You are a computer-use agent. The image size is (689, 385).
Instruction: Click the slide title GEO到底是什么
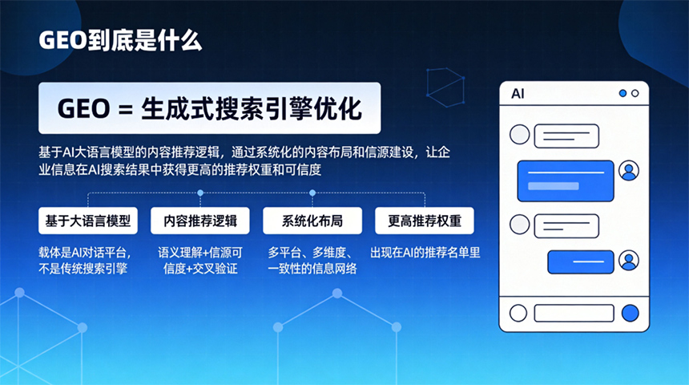click(x=120, y=40)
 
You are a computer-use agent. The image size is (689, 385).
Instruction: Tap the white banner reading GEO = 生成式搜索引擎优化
click(x=210, y=108)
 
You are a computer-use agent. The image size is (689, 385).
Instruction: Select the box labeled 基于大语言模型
click(x=88, y=221)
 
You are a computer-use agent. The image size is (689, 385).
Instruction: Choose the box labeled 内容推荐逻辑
click(x=200, y=221)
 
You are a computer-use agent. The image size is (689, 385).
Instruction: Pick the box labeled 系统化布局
click(x=312, y=221)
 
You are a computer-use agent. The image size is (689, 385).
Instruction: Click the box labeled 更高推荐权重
click(x=425, y=221)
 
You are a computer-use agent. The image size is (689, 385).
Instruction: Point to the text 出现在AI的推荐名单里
click(x=425, y=253)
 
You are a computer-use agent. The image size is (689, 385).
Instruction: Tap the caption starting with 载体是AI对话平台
click(x=84, y=261)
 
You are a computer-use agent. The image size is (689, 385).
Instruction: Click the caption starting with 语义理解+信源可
click(x=200, y=261)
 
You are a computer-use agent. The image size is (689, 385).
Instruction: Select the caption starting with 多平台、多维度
click(x=312, y=261)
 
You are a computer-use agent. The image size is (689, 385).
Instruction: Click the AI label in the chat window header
click(x=518, y=94)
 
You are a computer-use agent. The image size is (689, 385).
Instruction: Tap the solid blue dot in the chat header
click(x=623, y=93)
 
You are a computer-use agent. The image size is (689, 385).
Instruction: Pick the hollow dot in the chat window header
click(x=635, y=93)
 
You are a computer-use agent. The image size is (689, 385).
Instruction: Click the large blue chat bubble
click(x=566, y=180)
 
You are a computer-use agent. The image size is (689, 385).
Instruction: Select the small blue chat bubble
click(x=581, y=261)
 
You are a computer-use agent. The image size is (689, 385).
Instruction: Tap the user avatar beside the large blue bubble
click(x=629, y=171)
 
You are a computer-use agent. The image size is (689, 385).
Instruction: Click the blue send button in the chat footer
click(x=631, y=314)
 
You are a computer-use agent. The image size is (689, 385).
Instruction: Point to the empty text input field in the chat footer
click(x=574, y=314)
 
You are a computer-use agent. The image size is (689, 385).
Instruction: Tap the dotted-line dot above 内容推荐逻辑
click(x=200, y=192)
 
